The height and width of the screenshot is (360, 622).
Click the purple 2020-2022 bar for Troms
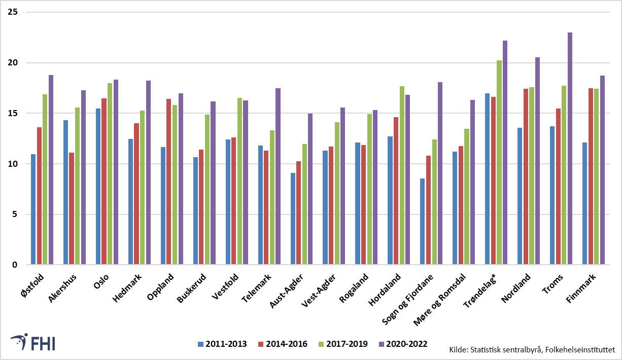[x=570, y=148]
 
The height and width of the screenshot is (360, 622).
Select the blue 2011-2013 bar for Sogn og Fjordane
[x=422, y=221]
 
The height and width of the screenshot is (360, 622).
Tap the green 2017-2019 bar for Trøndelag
[x=499, y=162]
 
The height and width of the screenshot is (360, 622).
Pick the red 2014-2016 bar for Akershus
[x=72, y=208]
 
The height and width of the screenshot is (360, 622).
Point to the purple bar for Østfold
[x=51, y=169]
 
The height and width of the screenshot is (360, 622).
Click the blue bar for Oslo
[x=98, y=186]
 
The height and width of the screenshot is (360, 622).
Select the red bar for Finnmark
[x=591, y=176]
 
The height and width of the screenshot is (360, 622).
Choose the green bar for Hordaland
[x=402, y=175]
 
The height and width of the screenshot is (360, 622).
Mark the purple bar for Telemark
[x=278, y=176]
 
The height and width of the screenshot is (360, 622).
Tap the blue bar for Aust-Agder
[x=293, y=219]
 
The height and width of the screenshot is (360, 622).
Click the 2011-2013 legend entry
[x=222, y=344]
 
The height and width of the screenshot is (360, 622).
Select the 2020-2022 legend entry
[x=403, y=344]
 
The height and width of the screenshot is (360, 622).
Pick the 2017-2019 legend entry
[x=343, y=344]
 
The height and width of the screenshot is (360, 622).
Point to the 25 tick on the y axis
[x=13, y=12]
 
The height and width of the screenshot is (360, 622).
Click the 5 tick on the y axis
[x=15, y=214]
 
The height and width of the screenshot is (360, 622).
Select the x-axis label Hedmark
[x=127, y=288]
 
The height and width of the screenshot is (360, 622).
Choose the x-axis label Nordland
[x=516, y=288]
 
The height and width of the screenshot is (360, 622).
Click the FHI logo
[x=33, y=342]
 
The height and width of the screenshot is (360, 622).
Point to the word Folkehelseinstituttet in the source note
[x=580, y=350]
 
